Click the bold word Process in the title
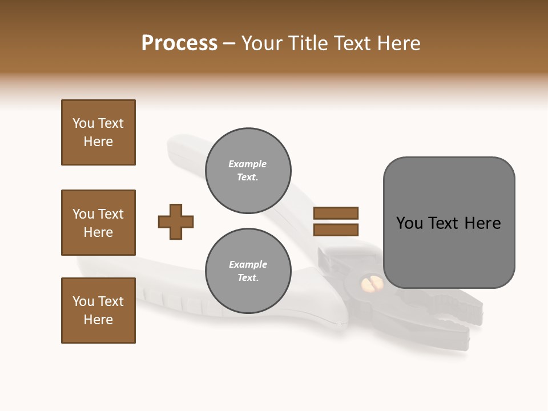(x=179, y=43)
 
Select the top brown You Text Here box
(x=98, y=132)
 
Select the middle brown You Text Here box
(x=98, y=223)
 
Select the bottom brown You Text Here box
(x=98, y=311)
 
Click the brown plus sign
(x=176, y=221)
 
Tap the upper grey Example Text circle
(x=248, y=171)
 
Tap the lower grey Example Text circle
(x=248, y=271)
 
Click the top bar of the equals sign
(x=336, y=213)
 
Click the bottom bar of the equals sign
(x=336, y=229)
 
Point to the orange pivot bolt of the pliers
(x=370, y=284)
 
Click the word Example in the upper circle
(x=248, y=164)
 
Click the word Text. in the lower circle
(x=248, y=278)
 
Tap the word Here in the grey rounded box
(x=482, y=223)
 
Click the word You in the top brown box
(x=83, y=123)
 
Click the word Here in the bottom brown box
(x=98, y=320)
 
